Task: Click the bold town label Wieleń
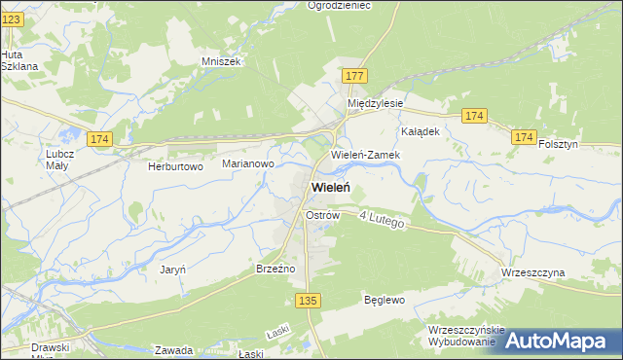click(x=331, y=187)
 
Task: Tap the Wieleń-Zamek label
click(x=363, y=155)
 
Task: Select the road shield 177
click(x=354, y=76)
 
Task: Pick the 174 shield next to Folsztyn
click(x=524, y=139)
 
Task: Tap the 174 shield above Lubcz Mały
click(x=98, y=140)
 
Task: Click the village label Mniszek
click(x=220, y=60)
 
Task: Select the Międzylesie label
click(x=376, y=102)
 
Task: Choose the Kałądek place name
click(x=421, y=130)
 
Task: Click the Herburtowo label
click(x=175, y=166)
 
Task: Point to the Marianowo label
click(x=248, y=164)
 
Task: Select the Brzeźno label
click(x=275, y=268)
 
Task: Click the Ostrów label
click(x=321, y=214)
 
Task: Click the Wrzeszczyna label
click(x=532, y=273)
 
